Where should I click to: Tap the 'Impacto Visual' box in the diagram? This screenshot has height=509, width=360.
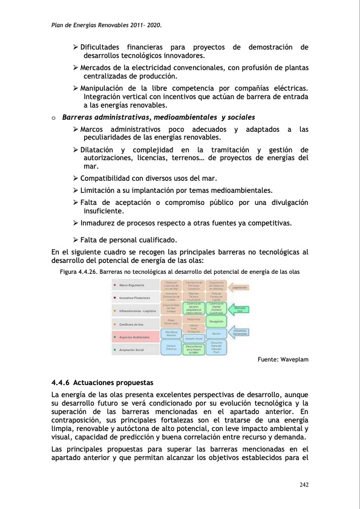pos(194,339)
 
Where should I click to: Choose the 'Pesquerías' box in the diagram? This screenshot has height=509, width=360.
pos(194,319)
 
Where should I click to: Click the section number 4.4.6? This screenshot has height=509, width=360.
pos(64,383)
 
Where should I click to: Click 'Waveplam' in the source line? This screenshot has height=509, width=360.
pos(295,360)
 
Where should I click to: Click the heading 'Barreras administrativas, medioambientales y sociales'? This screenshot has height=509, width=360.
pos(159,117)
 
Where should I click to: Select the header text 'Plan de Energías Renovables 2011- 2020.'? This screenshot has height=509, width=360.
pos(106,27)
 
